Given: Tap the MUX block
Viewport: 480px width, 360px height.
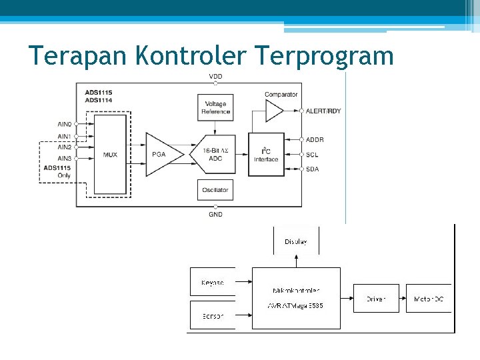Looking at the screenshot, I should coord(110,154).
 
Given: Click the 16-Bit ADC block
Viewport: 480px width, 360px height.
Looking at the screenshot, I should coord(215,154).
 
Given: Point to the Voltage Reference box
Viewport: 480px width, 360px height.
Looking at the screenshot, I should coord(215,108).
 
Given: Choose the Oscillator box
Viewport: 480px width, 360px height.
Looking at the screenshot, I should coord(215,190).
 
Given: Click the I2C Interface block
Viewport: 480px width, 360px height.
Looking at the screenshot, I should coord(266,154).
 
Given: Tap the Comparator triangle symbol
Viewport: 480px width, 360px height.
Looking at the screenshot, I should coord(273,111).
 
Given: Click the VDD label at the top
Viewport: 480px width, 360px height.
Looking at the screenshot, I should coord(215,77).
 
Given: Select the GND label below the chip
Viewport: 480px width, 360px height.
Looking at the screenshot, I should coord(215,214).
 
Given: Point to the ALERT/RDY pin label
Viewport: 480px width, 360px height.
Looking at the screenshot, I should coord(323,111).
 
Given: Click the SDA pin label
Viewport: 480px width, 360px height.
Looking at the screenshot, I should coord(312,169).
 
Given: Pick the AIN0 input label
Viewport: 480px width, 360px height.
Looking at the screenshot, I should coord(64,123).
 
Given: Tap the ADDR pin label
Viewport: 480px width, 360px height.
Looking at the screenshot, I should coord(315,139).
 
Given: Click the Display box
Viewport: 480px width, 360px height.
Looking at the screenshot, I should coord(296,241).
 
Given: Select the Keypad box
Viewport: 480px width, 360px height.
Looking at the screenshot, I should coord(213,283).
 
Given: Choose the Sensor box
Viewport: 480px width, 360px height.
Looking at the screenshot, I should coord(213,315).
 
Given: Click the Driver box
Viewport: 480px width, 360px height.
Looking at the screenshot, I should coord(376,299).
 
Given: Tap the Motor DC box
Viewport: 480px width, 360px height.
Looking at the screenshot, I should coord(429,299).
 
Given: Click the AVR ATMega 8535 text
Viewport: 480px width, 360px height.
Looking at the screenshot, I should coord(295,306).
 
